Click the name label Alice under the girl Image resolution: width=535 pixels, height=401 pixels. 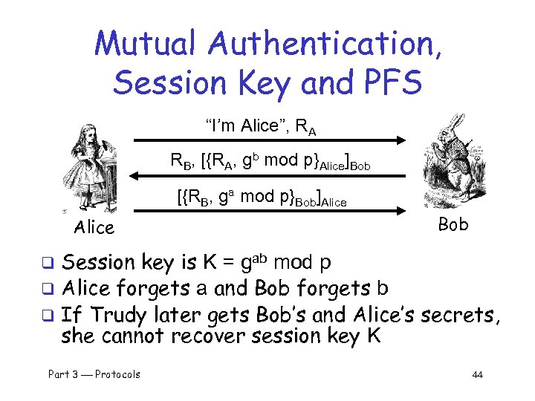[x=94, y=227]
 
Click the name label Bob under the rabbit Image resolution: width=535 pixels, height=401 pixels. [x=453, y=224]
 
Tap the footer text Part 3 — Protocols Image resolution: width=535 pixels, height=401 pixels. [x=94, y=374]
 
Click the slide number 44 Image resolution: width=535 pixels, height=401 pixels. [x=477, y=374]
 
